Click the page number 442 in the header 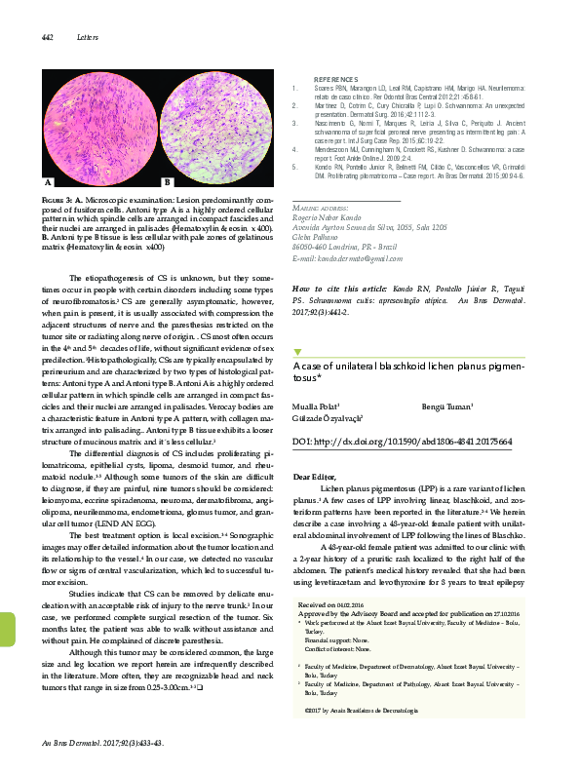(x=45, y=37)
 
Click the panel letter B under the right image (x=167, y=182)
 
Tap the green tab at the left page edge (x=5, y=644)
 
